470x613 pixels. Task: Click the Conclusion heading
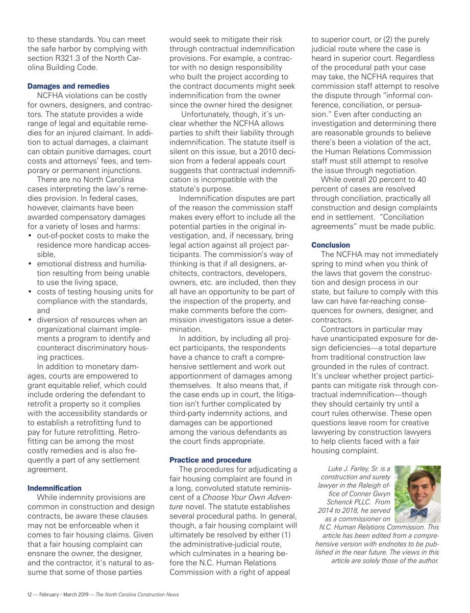[x=331, y=245]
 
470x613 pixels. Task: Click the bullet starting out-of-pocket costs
[x=93, y=235]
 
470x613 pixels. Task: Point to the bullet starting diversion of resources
[x=92, y=320]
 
